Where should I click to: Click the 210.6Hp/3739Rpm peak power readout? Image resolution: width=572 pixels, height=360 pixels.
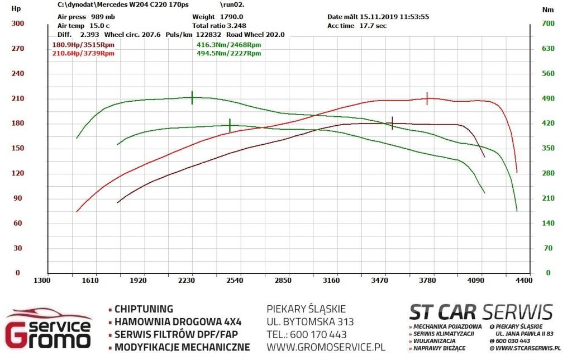83,53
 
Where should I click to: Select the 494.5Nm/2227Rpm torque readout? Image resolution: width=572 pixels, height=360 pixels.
228,53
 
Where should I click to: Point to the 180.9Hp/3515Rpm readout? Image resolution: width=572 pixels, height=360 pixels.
83,45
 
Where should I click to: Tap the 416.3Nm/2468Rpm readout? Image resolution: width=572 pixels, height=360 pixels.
228,45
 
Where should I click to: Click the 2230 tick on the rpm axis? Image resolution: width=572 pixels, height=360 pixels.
187,281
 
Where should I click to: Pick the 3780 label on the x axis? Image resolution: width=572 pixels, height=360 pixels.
427,281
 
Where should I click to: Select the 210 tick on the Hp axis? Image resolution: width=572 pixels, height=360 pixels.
17,98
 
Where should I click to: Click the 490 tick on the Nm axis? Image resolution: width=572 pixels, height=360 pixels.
548,98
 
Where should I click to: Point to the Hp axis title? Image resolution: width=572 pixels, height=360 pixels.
16,9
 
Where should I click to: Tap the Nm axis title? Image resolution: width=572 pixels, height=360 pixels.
547,10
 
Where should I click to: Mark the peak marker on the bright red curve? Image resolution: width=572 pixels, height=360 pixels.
427,98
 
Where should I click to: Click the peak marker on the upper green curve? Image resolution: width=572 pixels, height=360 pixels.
192,97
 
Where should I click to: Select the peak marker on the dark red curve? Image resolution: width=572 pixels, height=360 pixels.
392,123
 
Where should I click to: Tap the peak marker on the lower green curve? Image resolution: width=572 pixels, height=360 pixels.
230,125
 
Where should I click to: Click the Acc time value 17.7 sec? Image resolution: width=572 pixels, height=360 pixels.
373,26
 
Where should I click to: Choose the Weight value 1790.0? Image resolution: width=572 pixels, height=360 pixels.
231,17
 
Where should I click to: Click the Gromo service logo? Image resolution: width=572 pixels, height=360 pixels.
48,328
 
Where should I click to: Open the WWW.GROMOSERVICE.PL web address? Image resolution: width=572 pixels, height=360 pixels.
326,347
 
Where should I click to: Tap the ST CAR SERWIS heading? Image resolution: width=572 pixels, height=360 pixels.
481,312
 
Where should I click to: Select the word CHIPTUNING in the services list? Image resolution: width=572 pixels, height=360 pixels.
144,309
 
